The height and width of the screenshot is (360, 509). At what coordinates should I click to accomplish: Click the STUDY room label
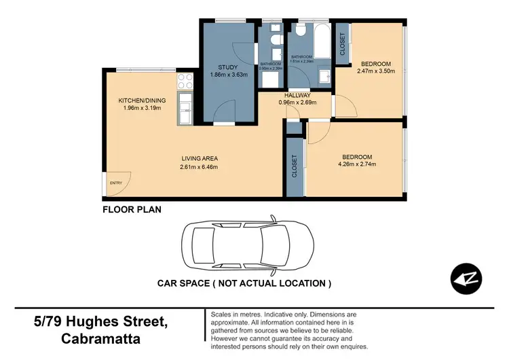click(227, 67)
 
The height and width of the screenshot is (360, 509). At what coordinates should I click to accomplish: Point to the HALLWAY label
click(298, 96)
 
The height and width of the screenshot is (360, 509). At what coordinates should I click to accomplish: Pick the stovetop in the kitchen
click(185, 82)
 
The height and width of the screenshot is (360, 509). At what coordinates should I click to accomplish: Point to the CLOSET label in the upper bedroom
click(342, 43)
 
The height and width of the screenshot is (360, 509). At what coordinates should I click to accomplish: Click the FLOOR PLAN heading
click(132, 209)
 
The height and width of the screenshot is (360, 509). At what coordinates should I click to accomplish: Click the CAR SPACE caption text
click(244, 283)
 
